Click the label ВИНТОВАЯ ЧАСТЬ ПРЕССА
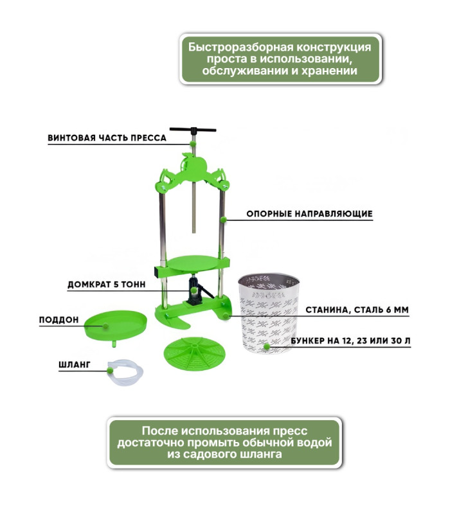[x=107, y=137]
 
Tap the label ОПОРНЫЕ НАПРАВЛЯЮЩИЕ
[x=309, y=214]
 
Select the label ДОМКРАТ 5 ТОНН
[x=106, y=284]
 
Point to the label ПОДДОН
[x=59, y=319]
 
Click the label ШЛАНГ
[x=74, y=364]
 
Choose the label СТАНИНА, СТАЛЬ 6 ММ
[x=357, y=310]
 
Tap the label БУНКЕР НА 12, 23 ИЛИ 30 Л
[x=350, y=341]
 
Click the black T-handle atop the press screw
[x=193, y=130]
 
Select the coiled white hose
[x=125, y=372]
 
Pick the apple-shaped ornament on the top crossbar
[x=194, y=166]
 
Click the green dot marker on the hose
[x=110, y=371]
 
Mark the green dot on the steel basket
[x=267, y=346]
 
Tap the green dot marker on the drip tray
[x=105, y=326]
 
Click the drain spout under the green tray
[x=114, y=343]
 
